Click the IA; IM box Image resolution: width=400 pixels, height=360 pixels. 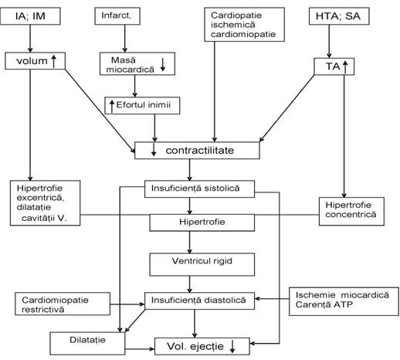point(30,16)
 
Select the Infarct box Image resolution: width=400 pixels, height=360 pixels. point(117,16)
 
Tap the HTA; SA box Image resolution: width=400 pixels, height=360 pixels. point(339,16)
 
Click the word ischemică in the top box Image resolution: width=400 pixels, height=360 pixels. point(233,25)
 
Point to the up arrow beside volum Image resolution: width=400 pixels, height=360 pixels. point(54,61)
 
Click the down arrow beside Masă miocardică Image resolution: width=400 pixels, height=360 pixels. point(163,65)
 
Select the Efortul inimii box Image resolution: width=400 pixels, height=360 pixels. point(142,105)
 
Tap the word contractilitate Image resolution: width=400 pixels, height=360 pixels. point(200,151)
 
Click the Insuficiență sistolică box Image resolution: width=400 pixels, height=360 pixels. point(199,188)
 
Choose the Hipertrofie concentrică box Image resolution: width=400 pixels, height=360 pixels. point(351,212)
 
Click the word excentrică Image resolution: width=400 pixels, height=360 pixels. point(40,198)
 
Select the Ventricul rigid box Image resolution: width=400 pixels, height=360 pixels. point(202,264)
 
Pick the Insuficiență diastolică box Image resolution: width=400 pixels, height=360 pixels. point(199,301)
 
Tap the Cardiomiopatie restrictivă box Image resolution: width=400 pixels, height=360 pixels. point(63,304)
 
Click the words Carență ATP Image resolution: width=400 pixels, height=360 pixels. point(324,304)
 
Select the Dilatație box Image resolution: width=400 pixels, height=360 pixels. point(87,343)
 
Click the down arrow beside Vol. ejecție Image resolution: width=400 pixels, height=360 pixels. point(232,346)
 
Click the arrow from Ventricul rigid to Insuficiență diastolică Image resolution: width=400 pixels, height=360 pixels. point(190,284)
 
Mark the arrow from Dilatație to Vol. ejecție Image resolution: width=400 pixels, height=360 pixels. point(140,349)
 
